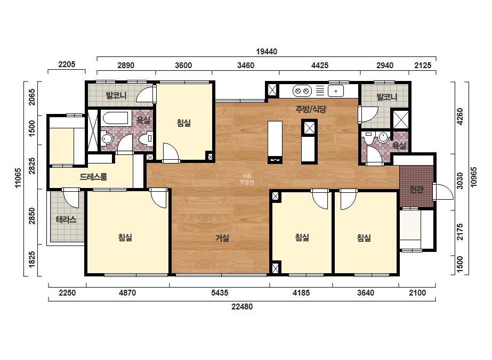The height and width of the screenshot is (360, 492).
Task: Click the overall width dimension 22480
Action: pyautogui.click(x=242, y=306)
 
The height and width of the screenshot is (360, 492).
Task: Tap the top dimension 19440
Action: pyautogui.click(x=267, y=52)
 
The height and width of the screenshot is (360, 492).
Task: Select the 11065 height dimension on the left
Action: pyautogui.click(x=18, y=178)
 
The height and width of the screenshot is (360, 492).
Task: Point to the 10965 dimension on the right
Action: pyautogui.click(x=473, y=177)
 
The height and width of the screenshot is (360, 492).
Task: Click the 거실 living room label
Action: pyautogui.click(x=222, y=239)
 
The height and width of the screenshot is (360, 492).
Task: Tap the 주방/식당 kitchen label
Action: pyautogui.click(x=311, y=109)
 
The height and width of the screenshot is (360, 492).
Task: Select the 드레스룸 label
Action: pyautogui.click(x=93, y=177)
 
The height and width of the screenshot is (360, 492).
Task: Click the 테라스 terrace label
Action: pyautogui.click(x=66, y=219)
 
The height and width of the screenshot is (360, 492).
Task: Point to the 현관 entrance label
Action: pyautogui.click(x=417, y=190)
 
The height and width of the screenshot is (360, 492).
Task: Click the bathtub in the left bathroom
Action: pyautogui.click(x=116, y=118)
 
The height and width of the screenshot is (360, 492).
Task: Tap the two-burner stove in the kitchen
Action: pyautogui.click(x=302, y=91)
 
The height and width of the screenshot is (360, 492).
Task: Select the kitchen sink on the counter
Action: pyautogui.click(x=336, y=91)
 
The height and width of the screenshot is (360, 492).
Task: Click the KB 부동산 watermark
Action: pyautogui.click(x=247, y=179)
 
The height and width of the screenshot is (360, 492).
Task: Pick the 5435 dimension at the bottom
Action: pyautogui.click(x=220, y=293)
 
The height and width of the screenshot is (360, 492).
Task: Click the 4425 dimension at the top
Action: pyautogui.click(x=320, y=65)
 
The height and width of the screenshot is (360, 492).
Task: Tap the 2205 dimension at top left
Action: pyautogui.click(x=67, y=64)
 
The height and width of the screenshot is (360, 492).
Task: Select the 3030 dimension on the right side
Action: pyautogui.click(x=459, y=181)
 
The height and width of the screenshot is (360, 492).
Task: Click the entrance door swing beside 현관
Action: pyautogui.click(x=443, y=192)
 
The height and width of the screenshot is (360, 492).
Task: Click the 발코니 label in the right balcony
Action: pyautogui.click(x=387, y=97)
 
